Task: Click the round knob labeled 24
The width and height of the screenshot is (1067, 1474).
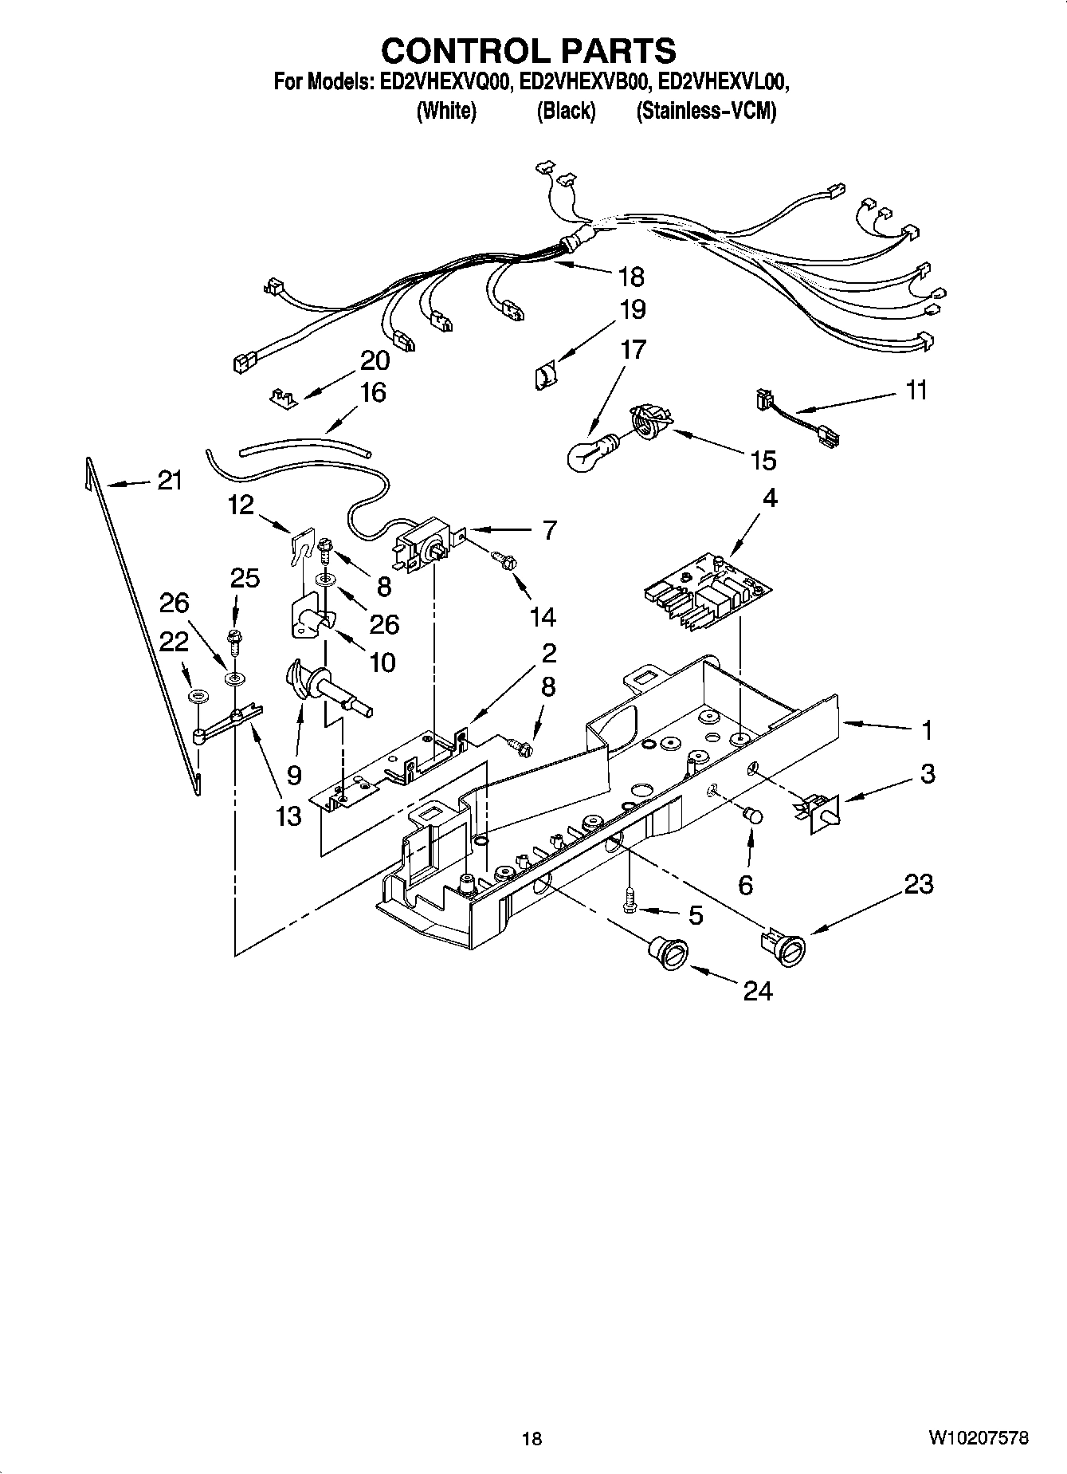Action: [667, 953]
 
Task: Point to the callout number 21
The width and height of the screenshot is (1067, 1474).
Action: [169, 481]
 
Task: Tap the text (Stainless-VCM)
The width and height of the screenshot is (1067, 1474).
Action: [705, 111]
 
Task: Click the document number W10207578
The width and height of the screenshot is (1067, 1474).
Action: [978, 1438]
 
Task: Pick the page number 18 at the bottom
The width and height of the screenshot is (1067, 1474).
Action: [532, 1439]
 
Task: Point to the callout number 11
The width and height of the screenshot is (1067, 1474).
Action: [916, 391]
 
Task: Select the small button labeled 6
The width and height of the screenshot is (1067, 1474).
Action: [752, 816]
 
